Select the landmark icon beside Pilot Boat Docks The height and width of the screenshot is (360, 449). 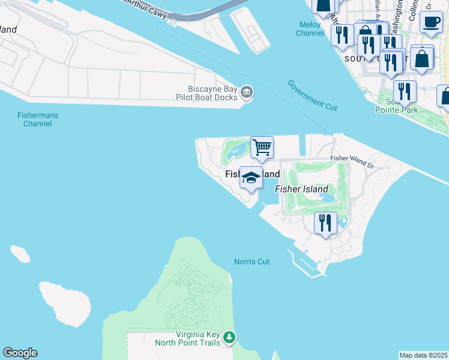point(247,92)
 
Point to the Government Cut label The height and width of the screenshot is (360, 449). point(312,95)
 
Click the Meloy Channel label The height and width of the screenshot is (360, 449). point(310,29)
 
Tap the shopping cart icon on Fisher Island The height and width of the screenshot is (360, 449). point(262,147)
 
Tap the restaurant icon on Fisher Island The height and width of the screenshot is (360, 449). point(325,223)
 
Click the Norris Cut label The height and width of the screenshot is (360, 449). point(252,262)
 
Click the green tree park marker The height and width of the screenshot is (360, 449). point(229,338)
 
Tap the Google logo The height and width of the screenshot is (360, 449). point(20,353)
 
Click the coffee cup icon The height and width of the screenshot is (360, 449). point(430,22)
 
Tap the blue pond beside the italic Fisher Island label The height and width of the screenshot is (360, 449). point(328,197)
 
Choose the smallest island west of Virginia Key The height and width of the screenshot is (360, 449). point(20,253)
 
